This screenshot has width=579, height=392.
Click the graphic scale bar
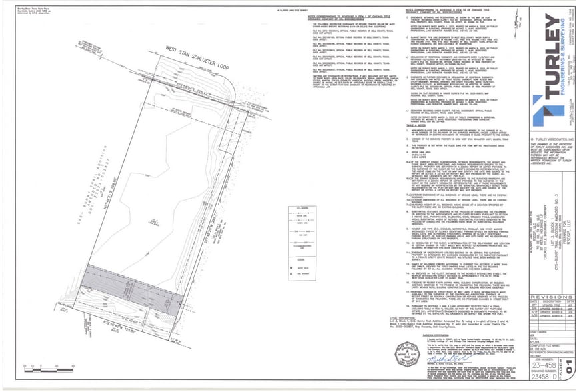click(x=40, y=365)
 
